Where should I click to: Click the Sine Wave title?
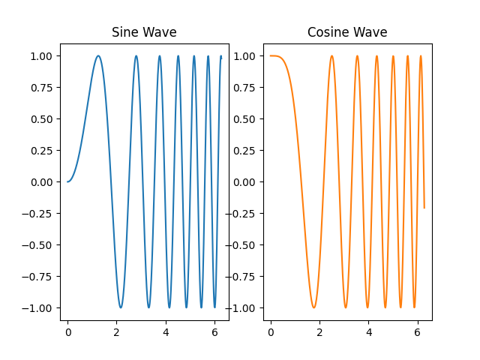(144, 33)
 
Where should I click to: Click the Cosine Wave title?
(347, 33)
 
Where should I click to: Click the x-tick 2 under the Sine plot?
(116, 328)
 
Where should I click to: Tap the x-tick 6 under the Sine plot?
(214, 328)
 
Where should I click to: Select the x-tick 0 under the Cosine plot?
(271, 328)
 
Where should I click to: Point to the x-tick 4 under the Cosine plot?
(368, 328)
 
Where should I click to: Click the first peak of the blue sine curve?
(97, 55)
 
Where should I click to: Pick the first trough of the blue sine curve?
(121, 307)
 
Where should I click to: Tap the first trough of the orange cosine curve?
(313, 307)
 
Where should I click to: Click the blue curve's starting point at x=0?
(67, 181)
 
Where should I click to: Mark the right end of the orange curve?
(424, 208)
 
